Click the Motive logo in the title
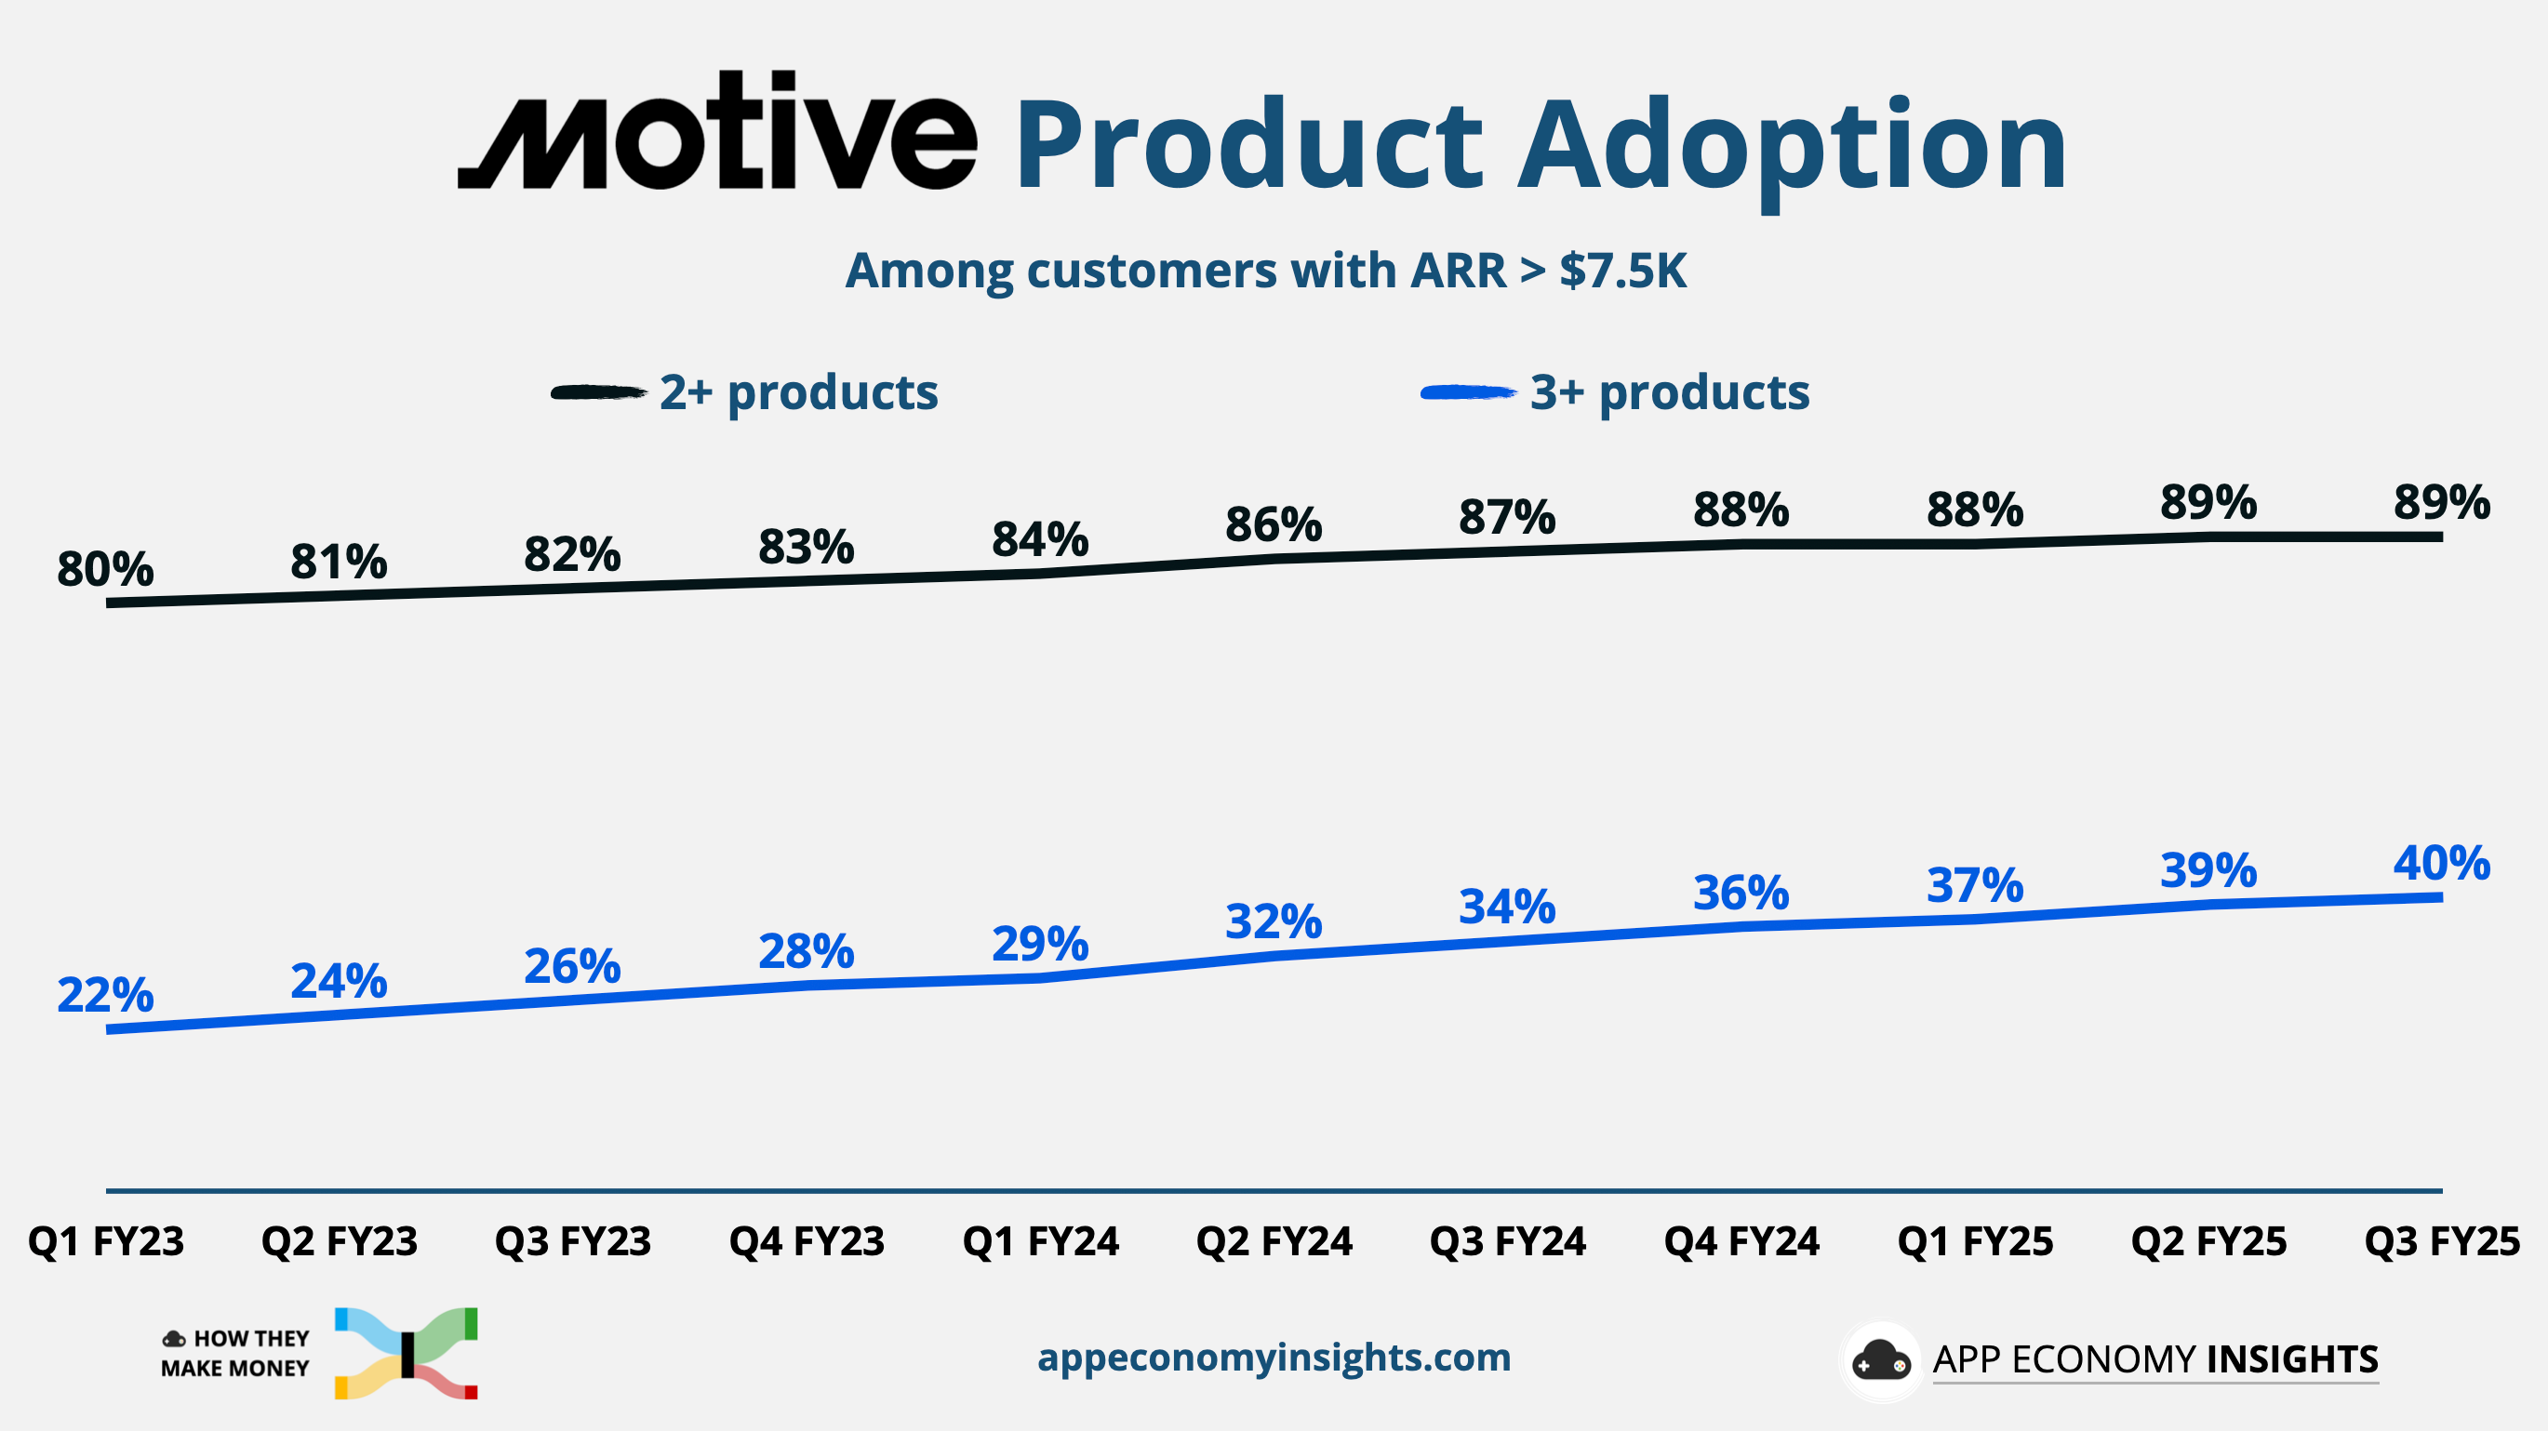pos(717,131)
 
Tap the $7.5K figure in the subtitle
pos(1622,271)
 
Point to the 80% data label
pos(105,569)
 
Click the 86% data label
pos(1273,524)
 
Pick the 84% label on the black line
pos(1040,540)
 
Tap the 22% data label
pos(105,995)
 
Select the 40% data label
pos(2441,864)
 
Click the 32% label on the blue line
pos(1273,921)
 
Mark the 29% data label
pos(1040,944)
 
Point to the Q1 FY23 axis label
pos(106,1241)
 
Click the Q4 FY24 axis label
pos(1741,1241)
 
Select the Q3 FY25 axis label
pos(2441,1241)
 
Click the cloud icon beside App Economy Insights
pos(1880,1360)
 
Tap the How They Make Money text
pos(235,1353)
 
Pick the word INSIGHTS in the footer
pos(2292,1359)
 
